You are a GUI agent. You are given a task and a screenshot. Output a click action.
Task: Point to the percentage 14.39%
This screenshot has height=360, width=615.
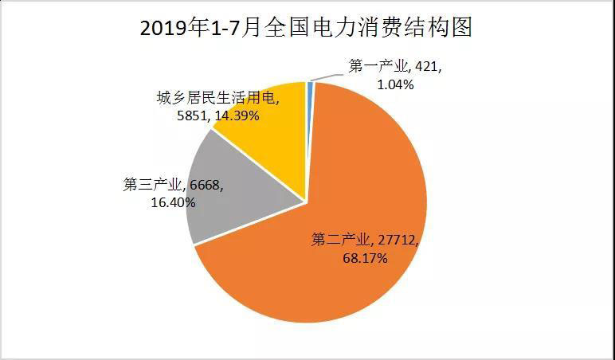(239, 116)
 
